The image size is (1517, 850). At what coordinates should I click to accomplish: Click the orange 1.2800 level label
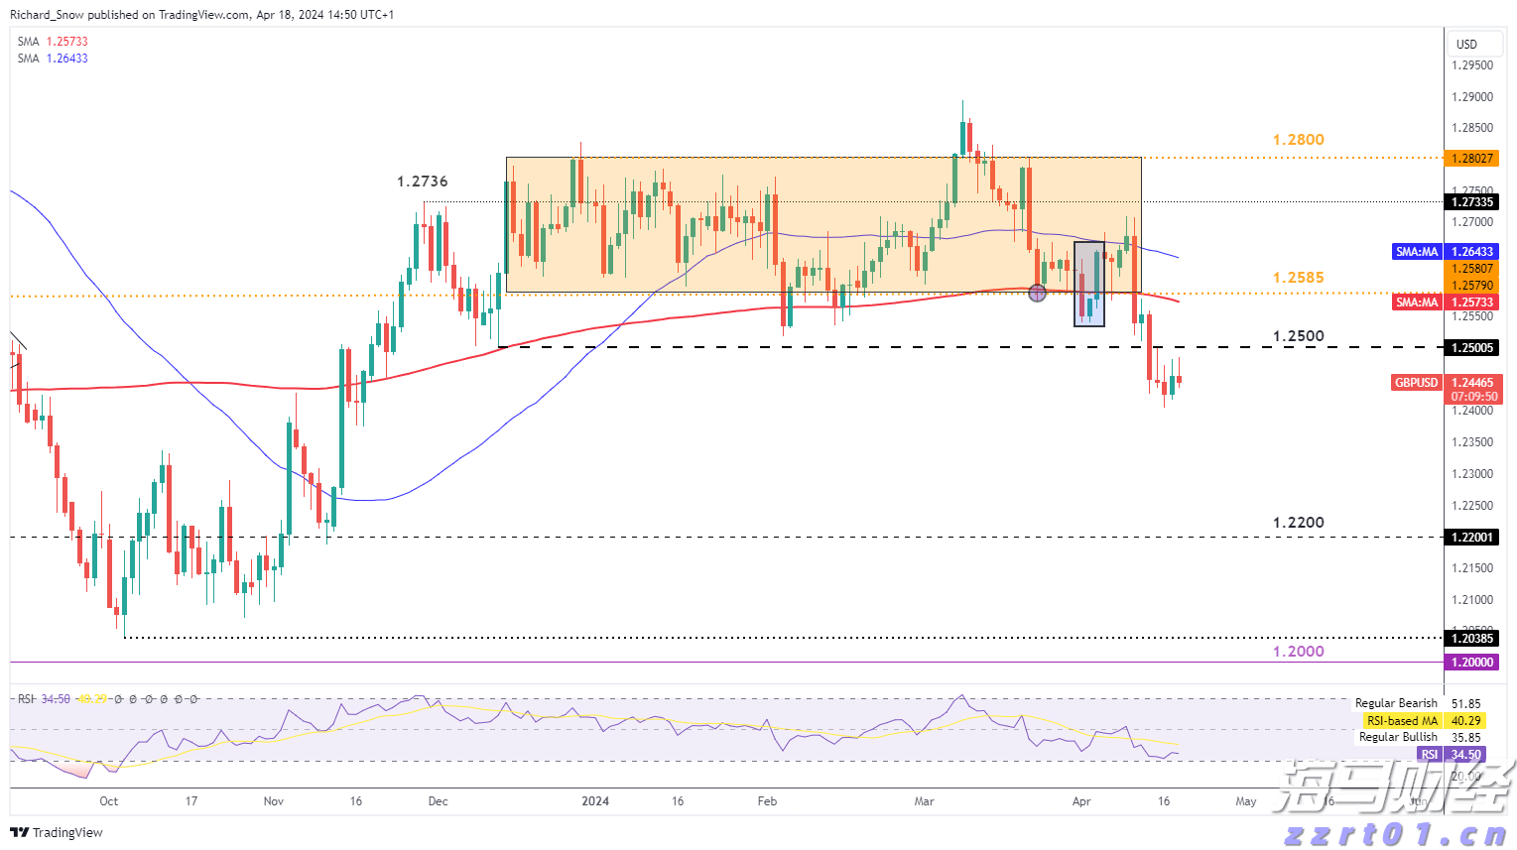[1298, 140]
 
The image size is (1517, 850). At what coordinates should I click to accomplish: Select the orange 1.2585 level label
[1298, 278]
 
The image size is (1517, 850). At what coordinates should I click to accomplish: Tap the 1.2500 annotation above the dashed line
[1298, 336]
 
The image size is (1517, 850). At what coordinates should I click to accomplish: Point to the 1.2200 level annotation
[1298, 523]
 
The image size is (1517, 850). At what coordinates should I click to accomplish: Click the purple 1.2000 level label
[1298, 652]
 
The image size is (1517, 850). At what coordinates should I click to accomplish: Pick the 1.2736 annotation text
[422, 182]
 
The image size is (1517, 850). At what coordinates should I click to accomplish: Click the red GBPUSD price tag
[1416, 383]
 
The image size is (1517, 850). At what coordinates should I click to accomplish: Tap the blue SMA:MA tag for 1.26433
[1416, 252]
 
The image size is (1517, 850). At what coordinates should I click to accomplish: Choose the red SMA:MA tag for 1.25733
[1416, 303]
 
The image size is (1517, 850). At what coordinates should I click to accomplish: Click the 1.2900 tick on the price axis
[1471, 97]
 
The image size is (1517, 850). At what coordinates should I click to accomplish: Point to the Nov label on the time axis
[274, 801]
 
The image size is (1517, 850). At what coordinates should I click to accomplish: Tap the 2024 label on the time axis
[595, 801]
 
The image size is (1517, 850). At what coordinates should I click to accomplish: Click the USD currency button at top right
[1466, 44]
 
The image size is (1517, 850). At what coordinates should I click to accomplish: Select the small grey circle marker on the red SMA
[1037, 293]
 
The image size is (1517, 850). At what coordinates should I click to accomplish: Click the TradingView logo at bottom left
[57, 832]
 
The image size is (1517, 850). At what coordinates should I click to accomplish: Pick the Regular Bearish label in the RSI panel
[1395, 703]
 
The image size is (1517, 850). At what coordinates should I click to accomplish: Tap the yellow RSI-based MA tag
[1400, 721]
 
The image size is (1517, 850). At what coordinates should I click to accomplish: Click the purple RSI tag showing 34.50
[1429, 755]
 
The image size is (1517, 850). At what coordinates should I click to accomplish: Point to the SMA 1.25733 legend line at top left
[53, 42]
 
